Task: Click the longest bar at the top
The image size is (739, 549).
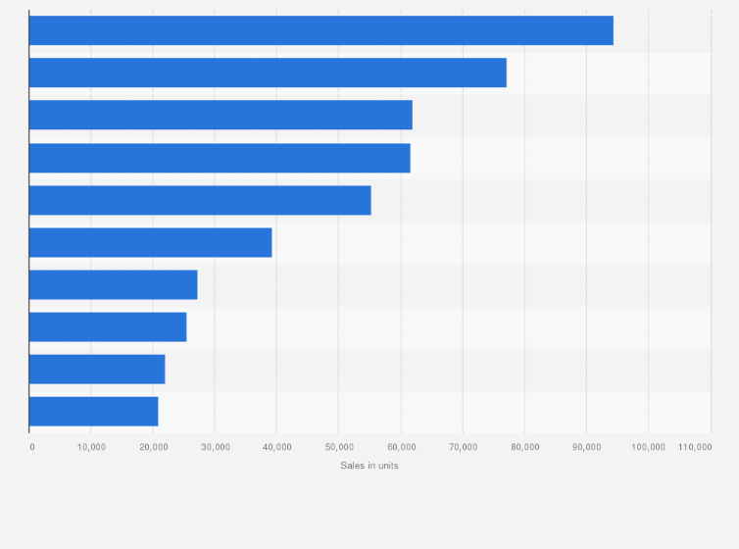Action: pos(320,30)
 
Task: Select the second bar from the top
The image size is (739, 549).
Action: pos(268,73)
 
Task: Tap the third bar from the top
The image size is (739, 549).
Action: pos(221,115)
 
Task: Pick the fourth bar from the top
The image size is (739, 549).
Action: pos(220,158)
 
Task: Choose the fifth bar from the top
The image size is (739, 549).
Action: pos(200,200)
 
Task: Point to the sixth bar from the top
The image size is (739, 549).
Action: pos(150,242)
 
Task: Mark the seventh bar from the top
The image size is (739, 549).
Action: pos(113,284)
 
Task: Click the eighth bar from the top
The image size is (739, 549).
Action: pos(108,326)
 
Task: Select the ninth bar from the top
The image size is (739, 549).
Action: pos(97,369)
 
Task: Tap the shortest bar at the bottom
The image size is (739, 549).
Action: pos(93,412)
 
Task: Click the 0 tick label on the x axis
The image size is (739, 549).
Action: pos(32,447)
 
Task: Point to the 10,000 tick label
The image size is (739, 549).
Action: pos(91,447)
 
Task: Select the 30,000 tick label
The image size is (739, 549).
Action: pos(215,447)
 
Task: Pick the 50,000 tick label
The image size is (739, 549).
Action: pos(338,447)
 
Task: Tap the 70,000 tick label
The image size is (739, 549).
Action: pos(463,447)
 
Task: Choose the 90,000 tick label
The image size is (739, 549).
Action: pos(586,447)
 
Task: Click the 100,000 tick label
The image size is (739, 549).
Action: pos(648,447)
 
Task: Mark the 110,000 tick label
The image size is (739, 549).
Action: pos(695,447)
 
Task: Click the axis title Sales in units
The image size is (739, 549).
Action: pos(369,465)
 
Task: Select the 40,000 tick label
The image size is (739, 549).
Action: pos(276,447)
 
